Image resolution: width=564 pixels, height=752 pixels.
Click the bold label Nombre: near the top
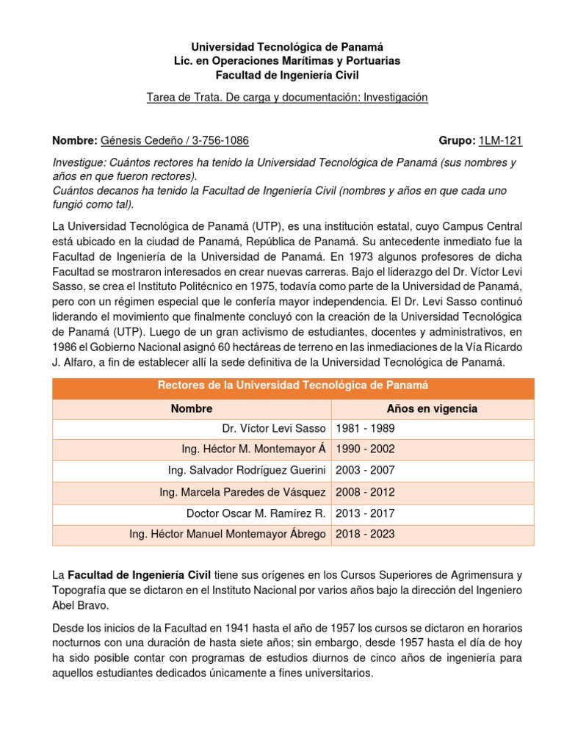(74, 141)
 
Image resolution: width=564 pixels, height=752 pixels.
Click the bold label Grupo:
(456, 141)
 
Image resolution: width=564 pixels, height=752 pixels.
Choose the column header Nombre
(192, 408)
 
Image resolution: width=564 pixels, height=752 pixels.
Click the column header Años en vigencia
(432, 408)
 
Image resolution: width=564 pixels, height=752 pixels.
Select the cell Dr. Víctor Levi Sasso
(274, 428)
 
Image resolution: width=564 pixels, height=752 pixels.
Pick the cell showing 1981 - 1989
(365, 428)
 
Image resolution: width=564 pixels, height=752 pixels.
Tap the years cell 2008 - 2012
(365, 492)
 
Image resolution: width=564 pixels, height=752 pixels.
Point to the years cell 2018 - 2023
(365, 534)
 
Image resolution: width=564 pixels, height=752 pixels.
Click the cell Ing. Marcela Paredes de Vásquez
(242, 492)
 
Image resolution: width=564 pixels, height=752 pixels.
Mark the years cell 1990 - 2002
(365, 449)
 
